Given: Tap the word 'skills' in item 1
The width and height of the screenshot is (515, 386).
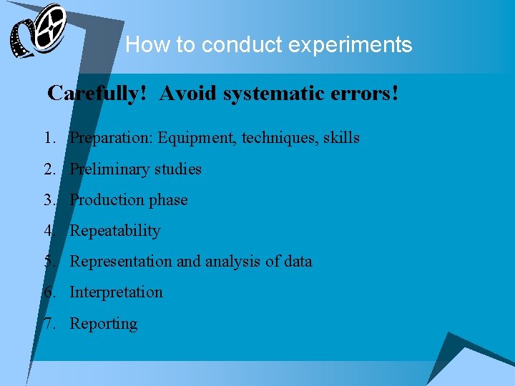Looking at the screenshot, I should [340, 138].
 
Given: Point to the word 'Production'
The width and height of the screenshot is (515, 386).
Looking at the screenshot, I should [107, 200].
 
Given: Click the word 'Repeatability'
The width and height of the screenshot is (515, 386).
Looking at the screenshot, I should [114, 231].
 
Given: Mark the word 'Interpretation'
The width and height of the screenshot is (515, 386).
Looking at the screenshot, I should [116, 292].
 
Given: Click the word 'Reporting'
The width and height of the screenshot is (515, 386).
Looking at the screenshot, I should [103, 324].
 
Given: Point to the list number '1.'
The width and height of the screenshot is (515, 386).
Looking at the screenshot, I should [49, 138].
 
